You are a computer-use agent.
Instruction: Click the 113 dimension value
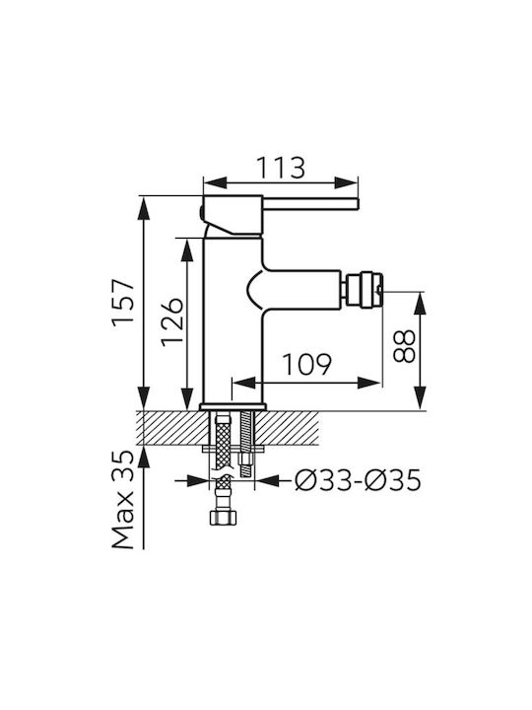click(x=281, y=168)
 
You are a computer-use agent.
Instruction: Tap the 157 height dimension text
click(x=123, y=302)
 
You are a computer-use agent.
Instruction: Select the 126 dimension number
click(x=171, y=321)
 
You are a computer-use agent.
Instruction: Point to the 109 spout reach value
click(x=307, y=364)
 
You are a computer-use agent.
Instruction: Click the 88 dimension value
click(x=404, y=346)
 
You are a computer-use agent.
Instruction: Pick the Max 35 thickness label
click(x=123, y=499)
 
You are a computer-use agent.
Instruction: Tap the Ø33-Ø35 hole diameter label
click(x=358, y=480)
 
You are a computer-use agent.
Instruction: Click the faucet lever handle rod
click(x=310, y=204)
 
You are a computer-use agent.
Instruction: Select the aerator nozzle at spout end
click(x=363, y=290)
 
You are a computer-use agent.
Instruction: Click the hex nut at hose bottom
click(x=223, y=518)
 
